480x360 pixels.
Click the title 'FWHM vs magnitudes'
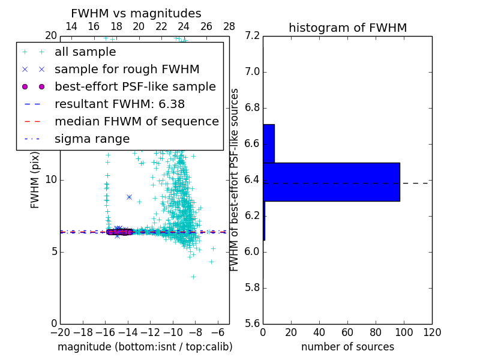(x=136, y=14)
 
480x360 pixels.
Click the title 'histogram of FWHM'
(x=347, y=28)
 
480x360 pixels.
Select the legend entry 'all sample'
(x=85, y=52)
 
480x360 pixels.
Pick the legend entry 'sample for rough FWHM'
(x=127, y=70)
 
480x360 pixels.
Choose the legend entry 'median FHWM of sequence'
(x=136, y=122)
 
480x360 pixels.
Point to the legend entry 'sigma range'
(x=92, y=139)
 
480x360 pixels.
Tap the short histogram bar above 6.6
(x=269, y=143)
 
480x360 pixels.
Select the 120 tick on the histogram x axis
(x=432, y=332)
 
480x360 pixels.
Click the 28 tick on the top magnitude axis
(x=229, y=26)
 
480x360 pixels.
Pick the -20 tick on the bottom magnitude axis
(x=60, y=332)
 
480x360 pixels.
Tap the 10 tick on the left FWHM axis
(x=51, y=180)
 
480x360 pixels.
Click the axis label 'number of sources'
(x=347, y=347)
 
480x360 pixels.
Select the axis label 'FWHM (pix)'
(x=35, y=180)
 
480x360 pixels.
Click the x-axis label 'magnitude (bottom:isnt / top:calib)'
(x=145, y=347)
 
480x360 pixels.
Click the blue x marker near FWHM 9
(x=129, y=197)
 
